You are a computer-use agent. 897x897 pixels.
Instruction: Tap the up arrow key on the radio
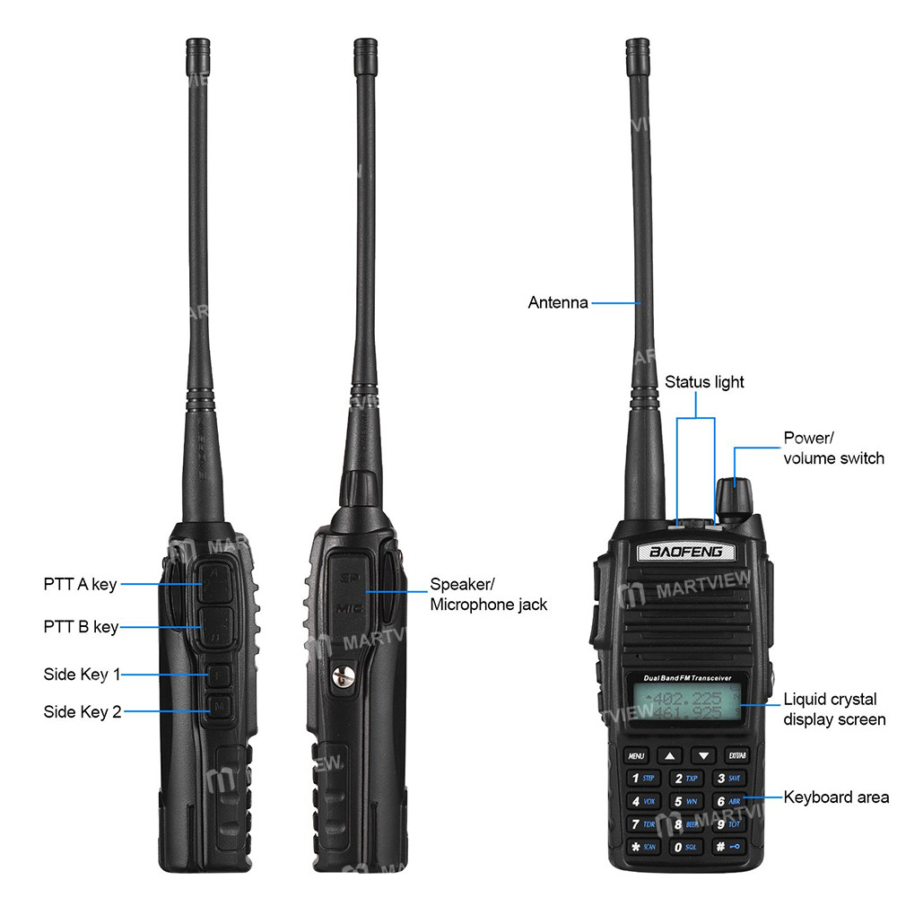[672, 755]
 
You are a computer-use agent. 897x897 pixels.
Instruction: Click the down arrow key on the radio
[705, 755]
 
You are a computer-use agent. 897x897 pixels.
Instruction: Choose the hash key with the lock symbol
[727, 847]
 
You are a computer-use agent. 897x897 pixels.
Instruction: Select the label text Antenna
[558, 303]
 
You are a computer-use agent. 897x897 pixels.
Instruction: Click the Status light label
[704, 382]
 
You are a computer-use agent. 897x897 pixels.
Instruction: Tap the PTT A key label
[80, 585]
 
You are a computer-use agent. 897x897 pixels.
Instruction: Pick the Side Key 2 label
[82, 712]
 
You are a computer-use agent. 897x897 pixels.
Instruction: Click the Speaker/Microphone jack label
[488, 594]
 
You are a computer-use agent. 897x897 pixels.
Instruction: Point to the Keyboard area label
[836, 797]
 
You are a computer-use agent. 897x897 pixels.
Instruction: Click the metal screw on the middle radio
[341, 679]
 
